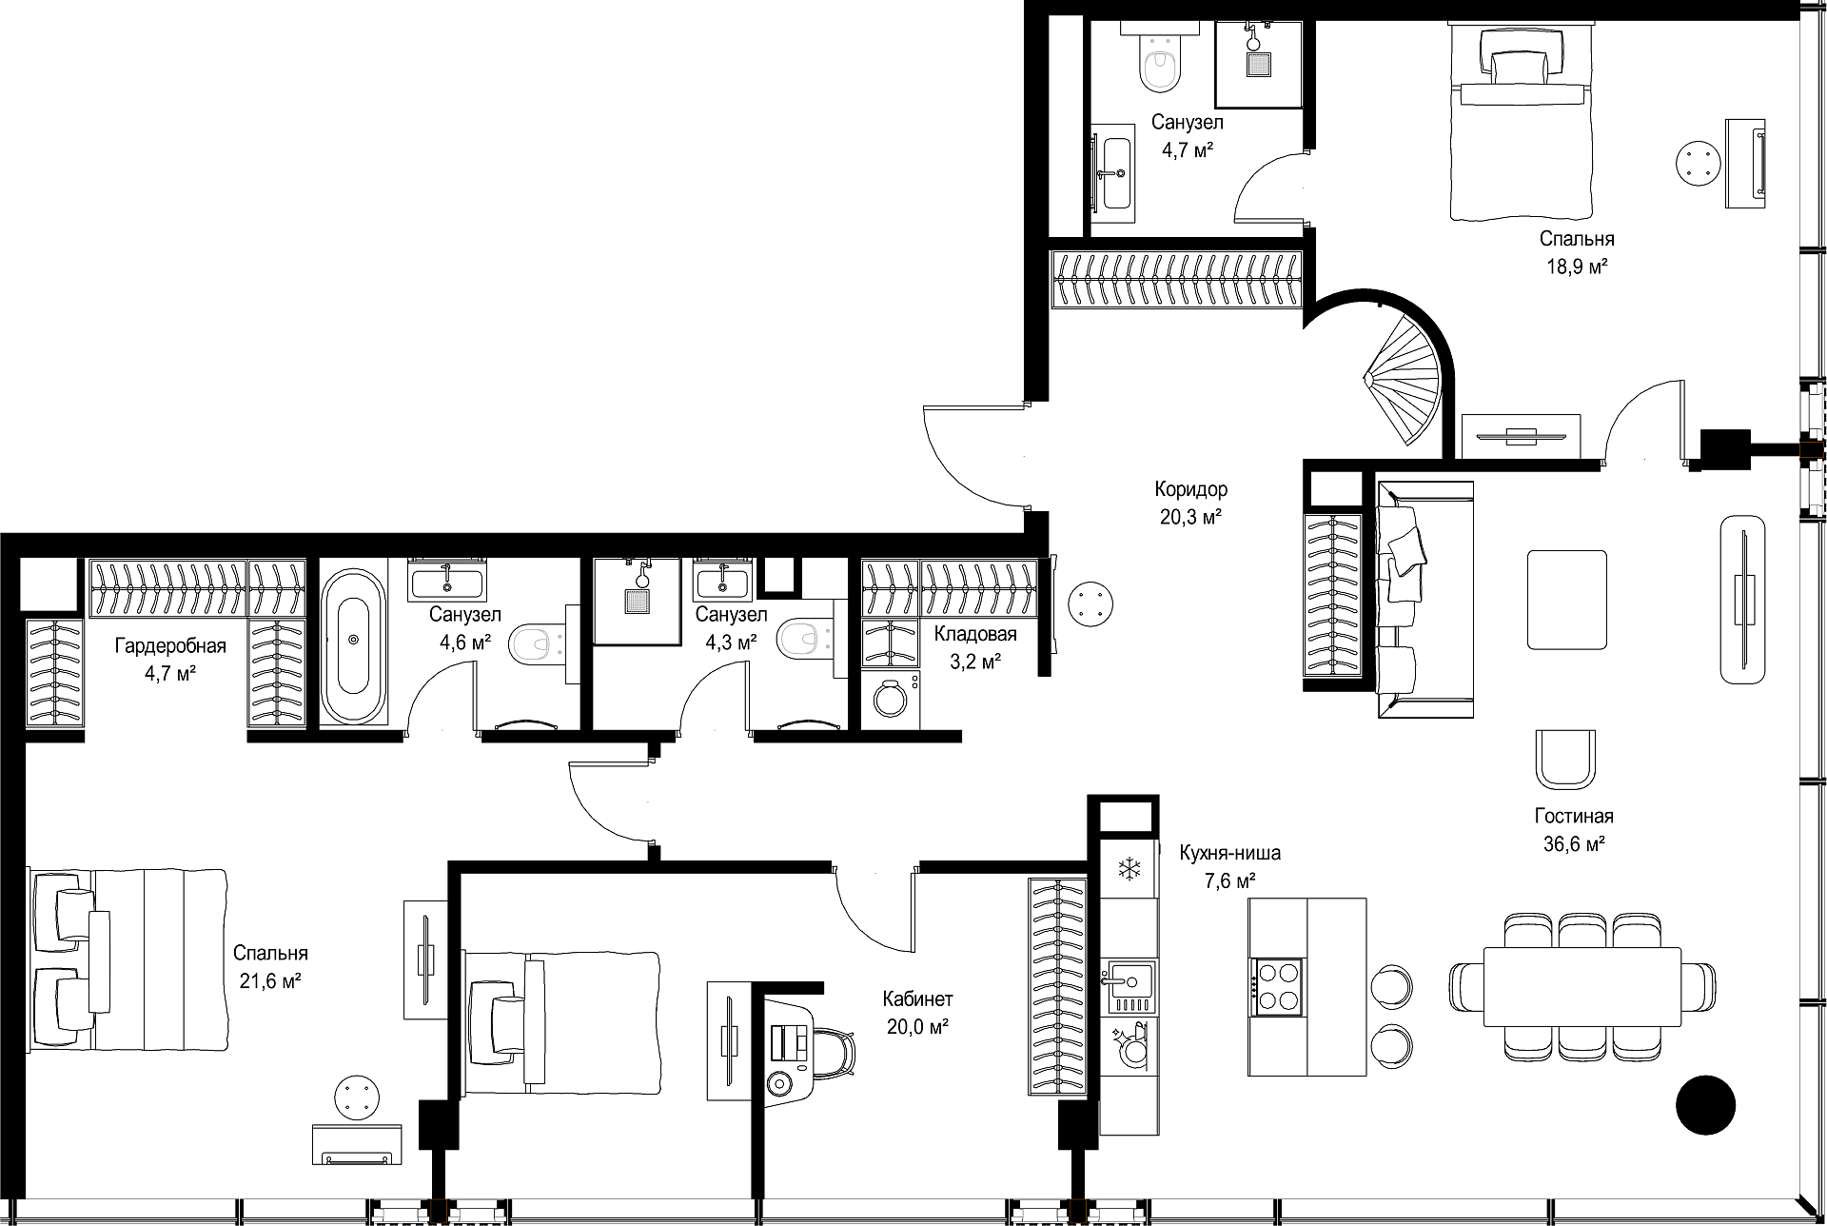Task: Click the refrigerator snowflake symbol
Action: [x=1130, y=868]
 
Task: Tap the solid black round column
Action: [x=1705, y=1105]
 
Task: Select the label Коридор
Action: [x=1191, y=489]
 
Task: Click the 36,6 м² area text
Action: [x=1574, y=843]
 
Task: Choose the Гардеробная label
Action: [x=171, y=646]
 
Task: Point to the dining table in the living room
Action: [x=1582, y=986]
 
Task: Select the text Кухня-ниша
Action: [x=1230, y=853]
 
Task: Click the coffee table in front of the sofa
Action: [x=1567, y=600]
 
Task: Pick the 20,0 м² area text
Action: [x=917, y=1027]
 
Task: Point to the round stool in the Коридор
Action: [x=1090, y=603]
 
